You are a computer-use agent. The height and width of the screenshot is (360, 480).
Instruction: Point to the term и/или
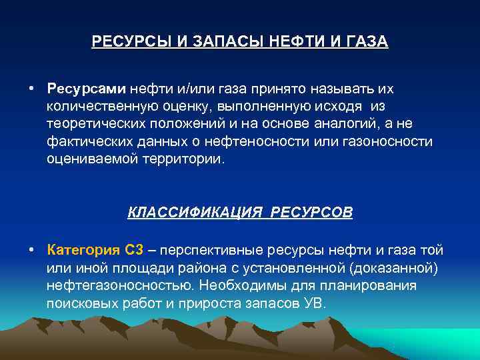(189, 89)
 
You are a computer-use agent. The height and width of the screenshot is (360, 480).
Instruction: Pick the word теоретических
(97, 125)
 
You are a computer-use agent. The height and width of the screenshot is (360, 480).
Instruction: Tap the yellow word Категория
(83, 251)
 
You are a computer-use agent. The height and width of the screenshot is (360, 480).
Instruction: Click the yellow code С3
(133, 251)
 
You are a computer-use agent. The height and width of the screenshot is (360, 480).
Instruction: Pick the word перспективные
(212, 251)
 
